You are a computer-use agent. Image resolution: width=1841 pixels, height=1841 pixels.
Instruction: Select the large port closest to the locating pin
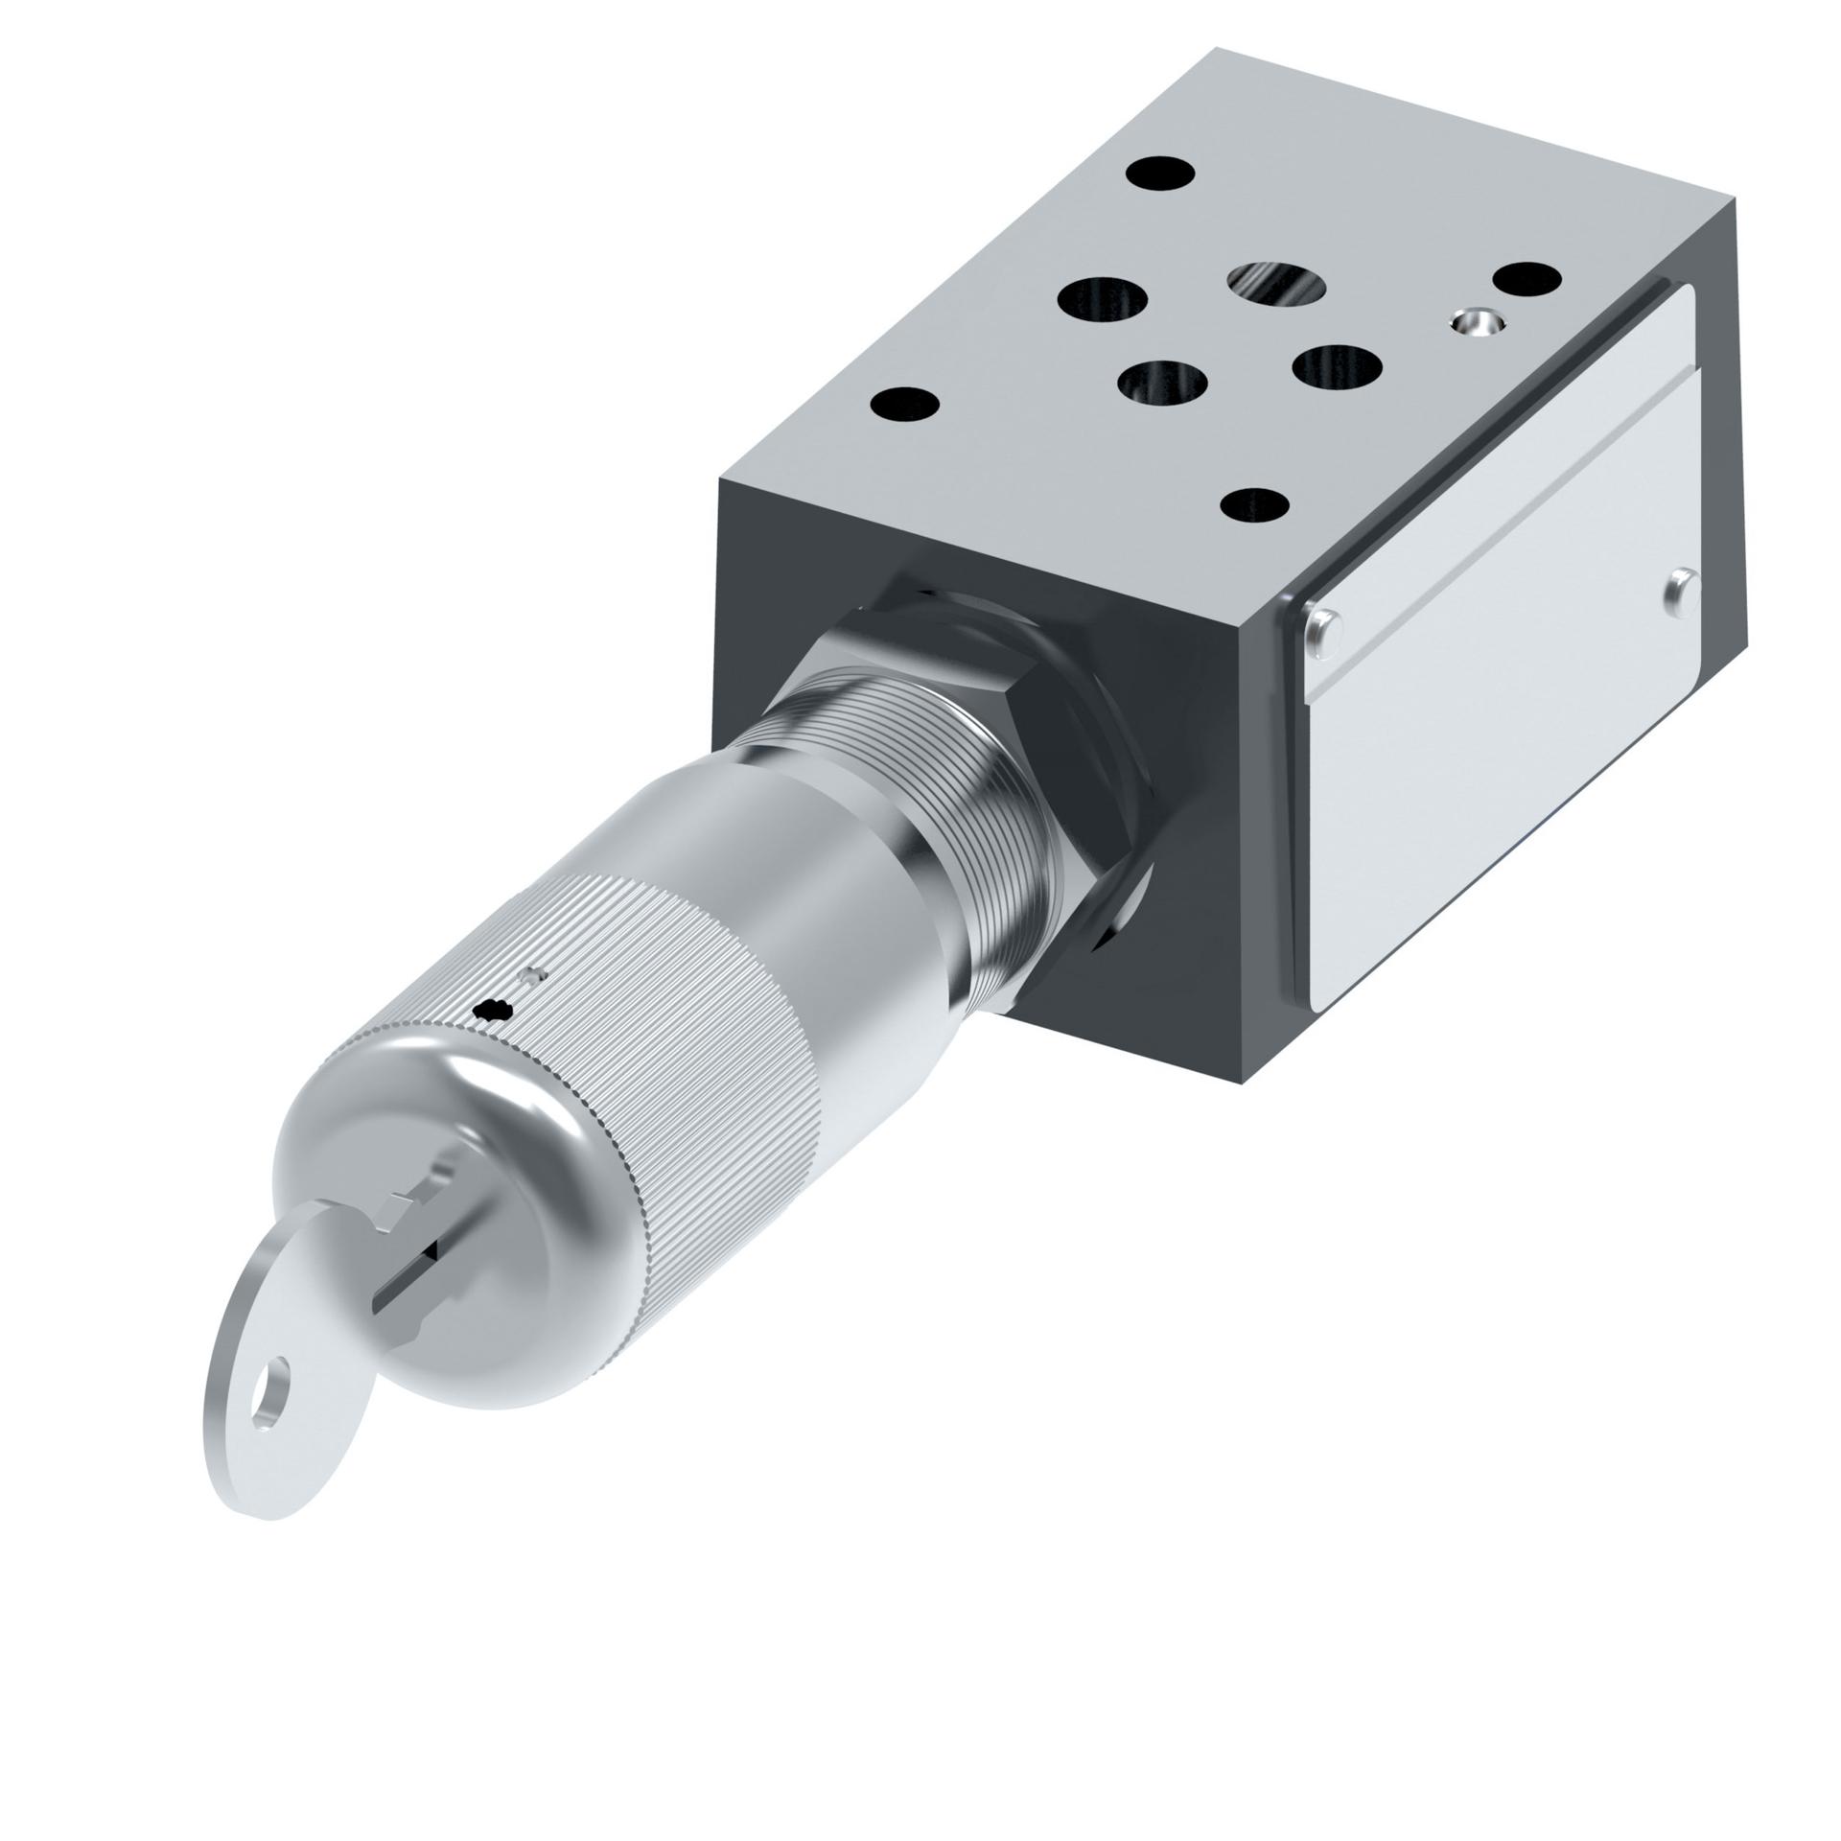(x=1337, y=366)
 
